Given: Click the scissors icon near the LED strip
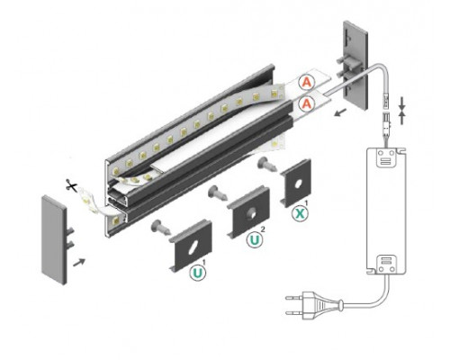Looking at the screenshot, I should click(70, 184).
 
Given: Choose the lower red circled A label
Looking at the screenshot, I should click(306, 105).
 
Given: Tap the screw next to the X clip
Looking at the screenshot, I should click(265, 164).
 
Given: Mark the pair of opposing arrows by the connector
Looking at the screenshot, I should click(400, 111).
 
